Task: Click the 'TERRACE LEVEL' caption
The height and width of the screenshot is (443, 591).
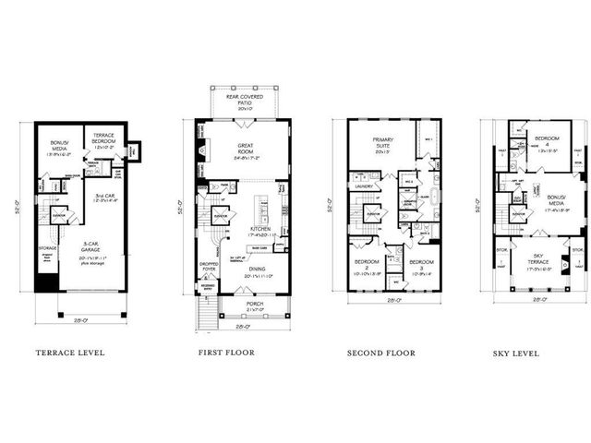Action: click(x=70, y=353)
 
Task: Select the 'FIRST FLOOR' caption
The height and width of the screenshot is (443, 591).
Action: click(x=226, y=353)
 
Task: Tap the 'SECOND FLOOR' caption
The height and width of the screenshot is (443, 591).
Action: click(x=381, y=353)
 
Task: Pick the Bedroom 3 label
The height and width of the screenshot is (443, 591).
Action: click(x=421, y=265)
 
